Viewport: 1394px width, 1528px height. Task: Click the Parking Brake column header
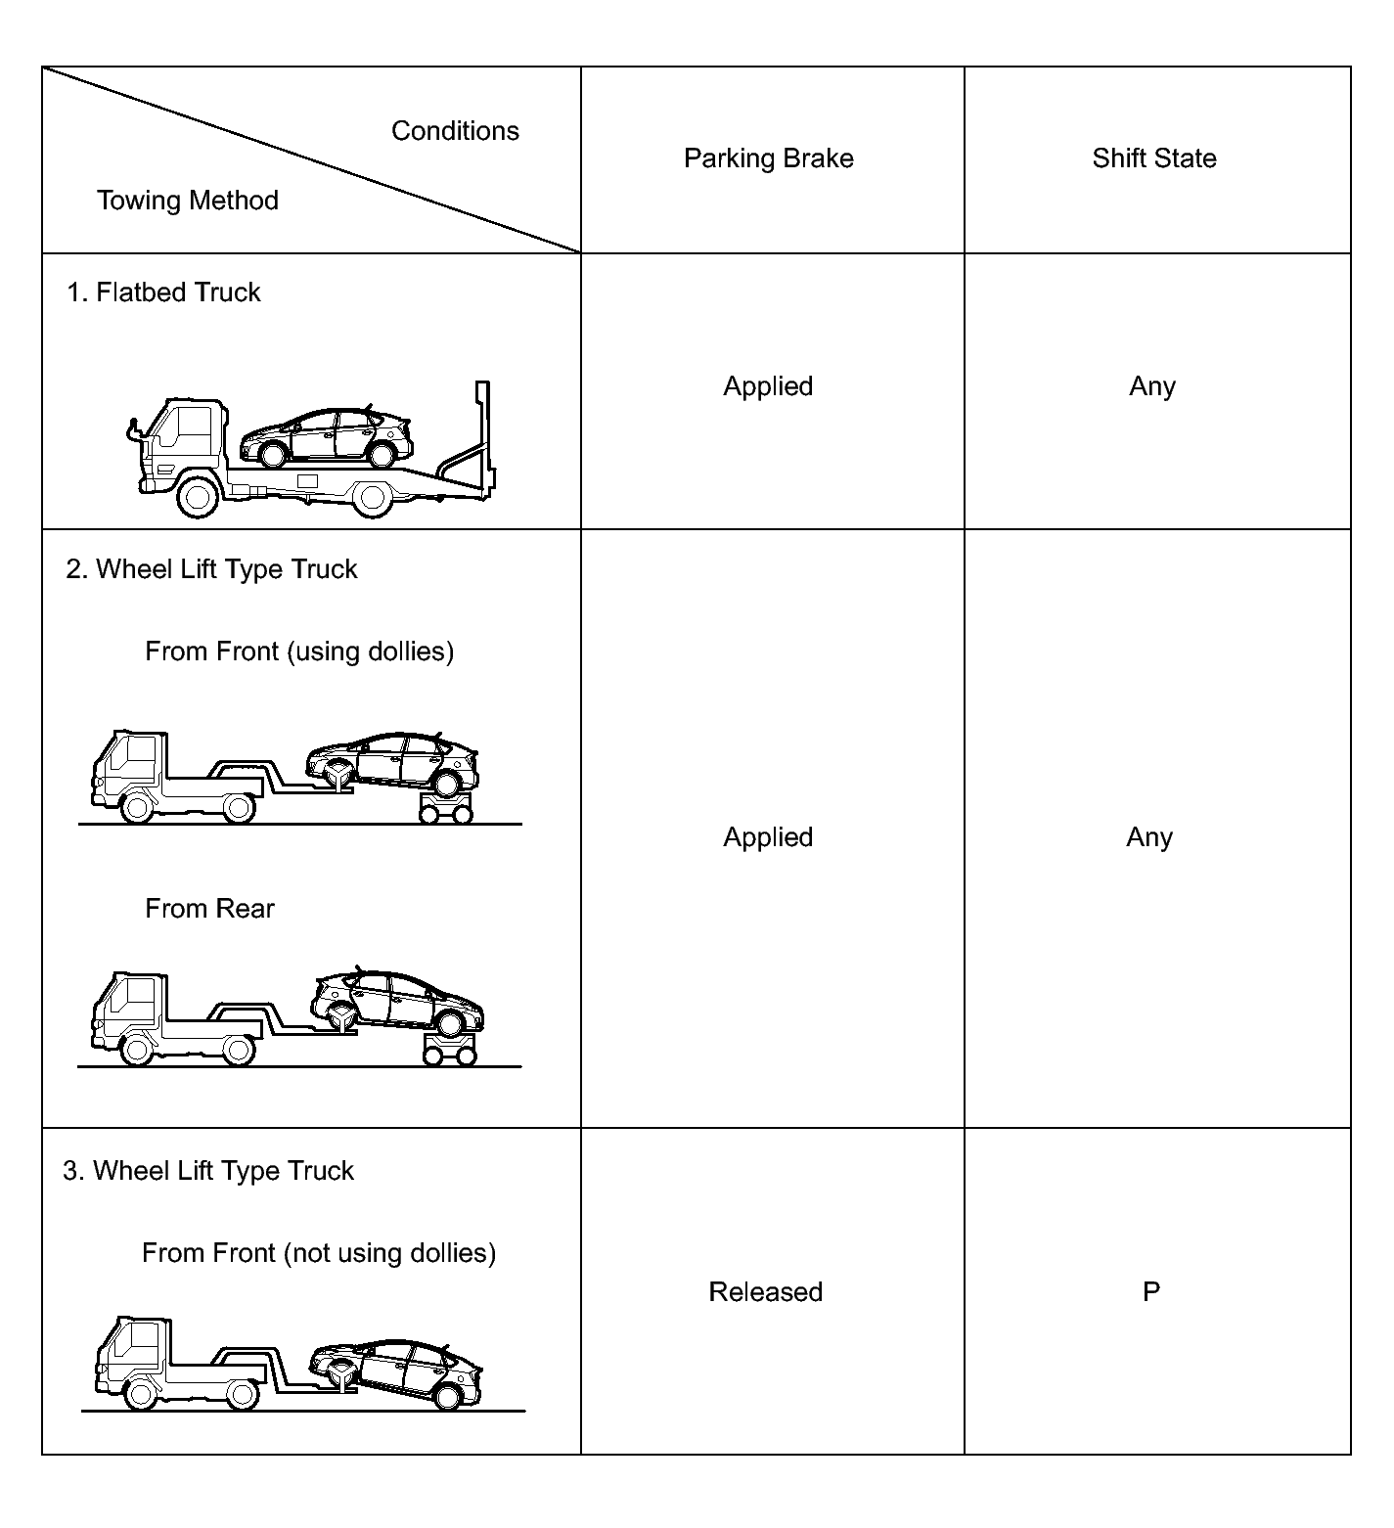[768, 158]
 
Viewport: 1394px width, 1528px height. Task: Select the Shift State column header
[1154, 158]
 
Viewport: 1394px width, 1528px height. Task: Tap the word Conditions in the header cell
[455, 131]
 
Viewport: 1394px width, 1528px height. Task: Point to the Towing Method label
[188, 201]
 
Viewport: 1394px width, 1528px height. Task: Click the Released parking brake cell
[765, 1291]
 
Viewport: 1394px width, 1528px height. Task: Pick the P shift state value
[1151, 1291]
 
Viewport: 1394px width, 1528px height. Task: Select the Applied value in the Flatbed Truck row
[768, 386]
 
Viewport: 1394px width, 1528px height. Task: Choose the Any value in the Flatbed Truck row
[1152, 386]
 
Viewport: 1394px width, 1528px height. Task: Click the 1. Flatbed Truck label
[163, 292]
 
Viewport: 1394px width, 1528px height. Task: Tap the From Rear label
[209, 909]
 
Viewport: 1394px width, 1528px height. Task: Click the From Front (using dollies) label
[299, 652]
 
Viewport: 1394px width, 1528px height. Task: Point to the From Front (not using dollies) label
[319, 1253]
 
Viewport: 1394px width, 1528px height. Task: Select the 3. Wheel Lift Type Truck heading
[208, 1171]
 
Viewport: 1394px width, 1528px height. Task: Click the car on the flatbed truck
[326, 437]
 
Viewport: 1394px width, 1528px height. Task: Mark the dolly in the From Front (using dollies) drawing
[446, 808]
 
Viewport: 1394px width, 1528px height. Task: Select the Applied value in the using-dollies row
[768, 837]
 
